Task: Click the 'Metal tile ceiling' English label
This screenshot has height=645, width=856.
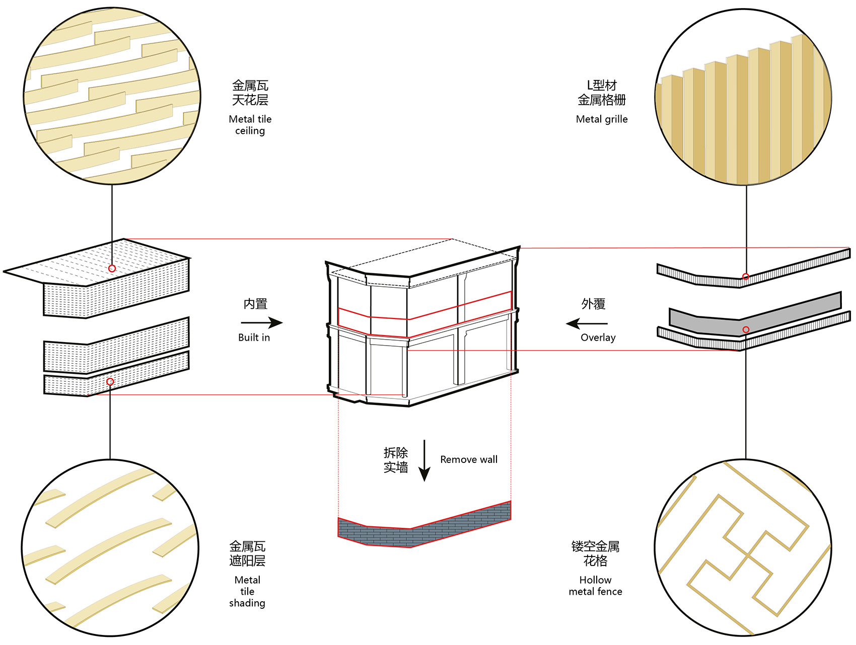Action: pos(250,125)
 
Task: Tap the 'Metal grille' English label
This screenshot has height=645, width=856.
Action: pos(602,119)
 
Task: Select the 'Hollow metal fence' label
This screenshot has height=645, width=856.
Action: pos(595,586)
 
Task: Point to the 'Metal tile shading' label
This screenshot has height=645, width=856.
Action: pos(247,591)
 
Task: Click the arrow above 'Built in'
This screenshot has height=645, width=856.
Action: pos(262,322)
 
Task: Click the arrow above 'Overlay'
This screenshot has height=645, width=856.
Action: pos(587,324)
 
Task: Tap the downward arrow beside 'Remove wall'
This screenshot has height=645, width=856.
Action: pos(424,460)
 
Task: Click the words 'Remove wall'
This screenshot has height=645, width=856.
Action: pos(469,459)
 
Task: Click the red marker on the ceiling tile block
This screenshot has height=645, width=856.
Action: pos(112,269)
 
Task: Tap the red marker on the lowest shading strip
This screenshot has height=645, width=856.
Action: pos(110,382)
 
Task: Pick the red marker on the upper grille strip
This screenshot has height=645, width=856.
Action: pos(746,277)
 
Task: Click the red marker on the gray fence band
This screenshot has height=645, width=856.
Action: pos(746,330)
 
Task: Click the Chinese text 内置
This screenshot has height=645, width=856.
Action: pos(255,304)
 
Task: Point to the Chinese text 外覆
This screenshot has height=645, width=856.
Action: pos(593,304)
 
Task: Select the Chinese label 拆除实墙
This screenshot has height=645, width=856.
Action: pos(396,460)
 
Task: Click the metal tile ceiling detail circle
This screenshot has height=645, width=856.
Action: pos(112,96)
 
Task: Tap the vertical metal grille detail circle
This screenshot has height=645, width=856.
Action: pos(743,97)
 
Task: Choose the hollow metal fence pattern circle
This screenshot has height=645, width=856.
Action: pos(743,548)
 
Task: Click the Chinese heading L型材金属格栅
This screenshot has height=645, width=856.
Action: pos(602,93)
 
